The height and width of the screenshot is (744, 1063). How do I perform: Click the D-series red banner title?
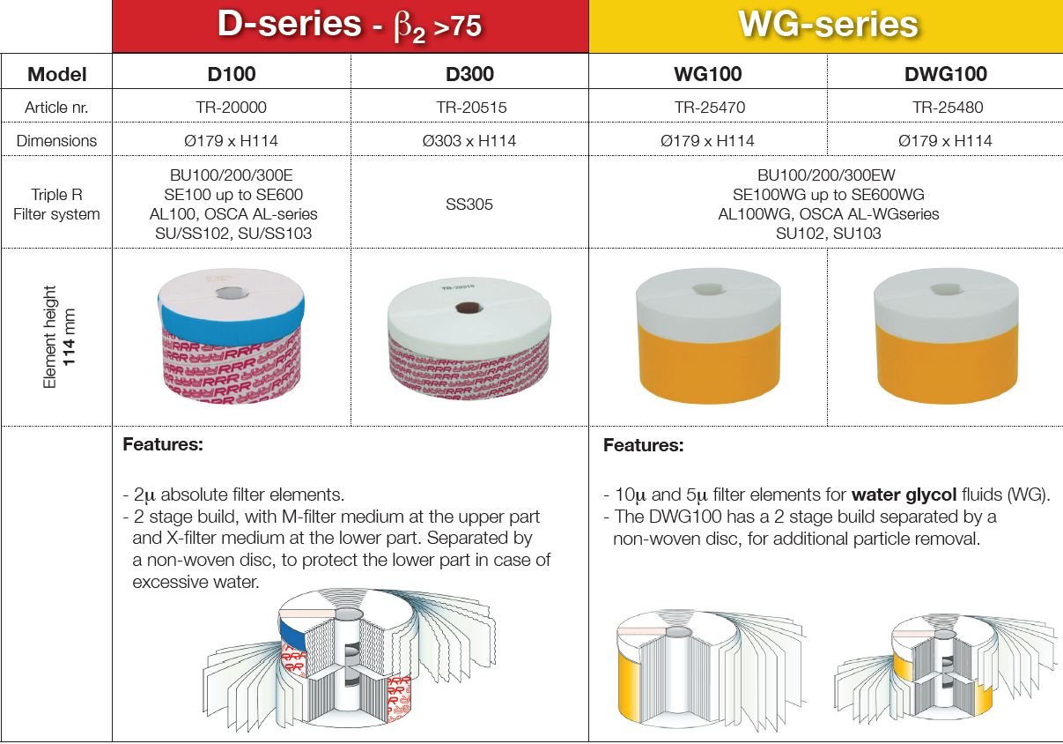pos(350,25)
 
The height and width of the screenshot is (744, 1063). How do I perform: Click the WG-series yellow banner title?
pos(828,24)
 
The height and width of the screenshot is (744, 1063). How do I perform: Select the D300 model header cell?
pos(469,74)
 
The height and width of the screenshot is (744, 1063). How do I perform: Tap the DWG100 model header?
pos(945,74)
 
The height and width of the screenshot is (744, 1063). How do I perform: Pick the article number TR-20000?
pos(231,108)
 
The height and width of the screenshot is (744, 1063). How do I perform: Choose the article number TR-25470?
pos(710,108)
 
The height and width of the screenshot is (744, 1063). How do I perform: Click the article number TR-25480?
pos(948,108)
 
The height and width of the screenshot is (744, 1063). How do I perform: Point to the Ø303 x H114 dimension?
pos(469,141)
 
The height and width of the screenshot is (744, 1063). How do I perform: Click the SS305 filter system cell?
pos(469,205)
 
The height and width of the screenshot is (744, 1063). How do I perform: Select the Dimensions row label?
pos(56,141)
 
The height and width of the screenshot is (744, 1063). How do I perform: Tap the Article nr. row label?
pos(56,108)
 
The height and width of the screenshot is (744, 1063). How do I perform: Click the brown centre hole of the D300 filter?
pos(469,309)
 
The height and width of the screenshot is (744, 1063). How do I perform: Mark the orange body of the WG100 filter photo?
pos(709,363)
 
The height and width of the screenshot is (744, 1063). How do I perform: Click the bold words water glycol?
pos(904,495)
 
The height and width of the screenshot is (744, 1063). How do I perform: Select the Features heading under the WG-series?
pos(643,445)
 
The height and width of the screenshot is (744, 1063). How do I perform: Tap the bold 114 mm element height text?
pos(70,338)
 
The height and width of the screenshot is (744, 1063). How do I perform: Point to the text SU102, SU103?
pos(828,234)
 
